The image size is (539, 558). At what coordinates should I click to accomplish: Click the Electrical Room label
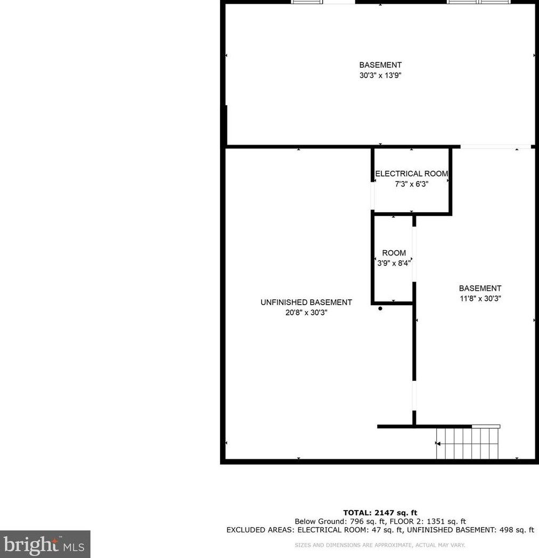(411, 174)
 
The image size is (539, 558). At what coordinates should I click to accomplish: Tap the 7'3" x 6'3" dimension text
(411, 184)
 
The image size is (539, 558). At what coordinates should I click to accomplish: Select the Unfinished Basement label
(306, 302)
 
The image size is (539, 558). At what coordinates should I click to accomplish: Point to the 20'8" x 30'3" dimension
(306, 313)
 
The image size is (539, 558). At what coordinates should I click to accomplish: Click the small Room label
(394, 253)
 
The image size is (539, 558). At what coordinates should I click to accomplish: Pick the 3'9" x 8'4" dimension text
(394, 262)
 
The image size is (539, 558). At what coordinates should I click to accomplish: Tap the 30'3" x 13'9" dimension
(380, 76)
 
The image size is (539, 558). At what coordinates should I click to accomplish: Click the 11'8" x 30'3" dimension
(480, 299)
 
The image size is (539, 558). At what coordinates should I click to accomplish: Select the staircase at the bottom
(467, 443)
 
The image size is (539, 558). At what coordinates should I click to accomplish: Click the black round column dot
(380, 308)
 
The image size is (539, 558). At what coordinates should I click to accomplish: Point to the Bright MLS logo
(45, 544)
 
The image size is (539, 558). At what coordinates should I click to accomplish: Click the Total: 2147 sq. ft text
(380, 513)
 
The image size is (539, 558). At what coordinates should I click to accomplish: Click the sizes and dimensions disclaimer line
(380, 545)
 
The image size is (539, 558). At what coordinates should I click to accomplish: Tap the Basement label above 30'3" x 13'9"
(380, 65)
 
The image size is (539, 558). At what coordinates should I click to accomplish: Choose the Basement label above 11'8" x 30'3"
(480, 289)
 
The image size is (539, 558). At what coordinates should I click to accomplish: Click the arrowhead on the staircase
(438, 444)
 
